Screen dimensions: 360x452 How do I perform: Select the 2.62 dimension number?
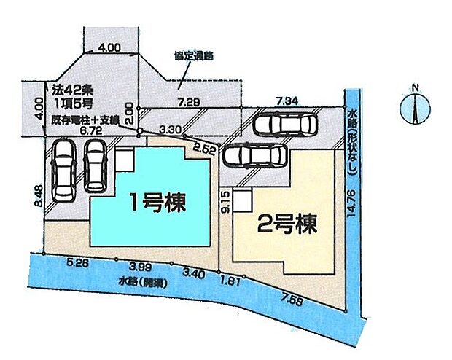click(x=205, y=151)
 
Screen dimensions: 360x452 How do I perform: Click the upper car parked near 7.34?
click(x=284, y=125)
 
